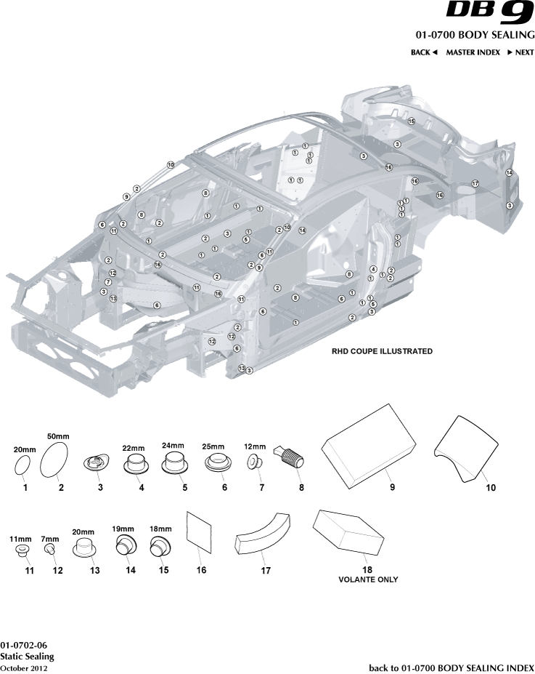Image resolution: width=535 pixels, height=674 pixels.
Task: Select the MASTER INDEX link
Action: coord(473,52)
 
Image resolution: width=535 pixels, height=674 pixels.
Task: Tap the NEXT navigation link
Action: coord(520,52)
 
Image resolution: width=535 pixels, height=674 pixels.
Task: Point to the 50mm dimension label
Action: coord(58,436)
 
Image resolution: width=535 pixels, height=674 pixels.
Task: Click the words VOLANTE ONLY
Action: coord(368,579)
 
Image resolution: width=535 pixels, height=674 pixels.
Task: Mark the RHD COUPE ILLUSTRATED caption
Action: coord(382,351)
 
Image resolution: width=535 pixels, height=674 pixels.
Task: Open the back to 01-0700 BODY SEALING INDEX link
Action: coord(452,667)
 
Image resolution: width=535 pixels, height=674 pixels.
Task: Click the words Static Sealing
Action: coord(27,657)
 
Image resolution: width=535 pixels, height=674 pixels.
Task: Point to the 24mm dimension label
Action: coord(173,446)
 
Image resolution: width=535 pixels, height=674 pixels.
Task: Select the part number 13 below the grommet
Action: coord(94,571)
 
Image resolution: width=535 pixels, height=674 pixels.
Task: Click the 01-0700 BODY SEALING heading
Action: coord(475,35)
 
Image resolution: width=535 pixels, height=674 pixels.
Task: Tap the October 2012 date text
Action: coord(24,667)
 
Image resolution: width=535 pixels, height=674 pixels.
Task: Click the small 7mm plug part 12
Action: coord(51,550)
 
